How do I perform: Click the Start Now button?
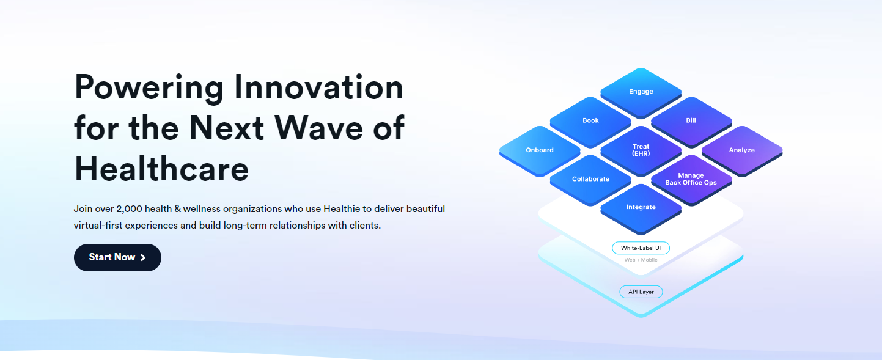[117, 257]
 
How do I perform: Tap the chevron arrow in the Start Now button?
[143, 257]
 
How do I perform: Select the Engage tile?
[641, 92]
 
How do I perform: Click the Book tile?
[590, 121]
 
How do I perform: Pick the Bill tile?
[691, 121]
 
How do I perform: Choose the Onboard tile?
[540, 150]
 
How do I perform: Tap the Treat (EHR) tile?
[641, 150]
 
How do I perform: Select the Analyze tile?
[742, 150]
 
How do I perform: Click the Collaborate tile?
[590, 180]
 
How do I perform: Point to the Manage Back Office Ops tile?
[691, 180]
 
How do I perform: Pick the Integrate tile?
[641, 208]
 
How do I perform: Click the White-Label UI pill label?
[641, 248]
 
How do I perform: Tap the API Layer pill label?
[641, 292]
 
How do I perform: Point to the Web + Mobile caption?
[641, 260]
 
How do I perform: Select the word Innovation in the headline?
[319, 87]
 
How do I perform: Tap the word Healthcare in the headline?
[161, 169]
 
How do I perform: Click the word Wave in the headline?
[318, 128]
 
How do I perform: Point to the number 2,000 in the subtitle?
[129, 209]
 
